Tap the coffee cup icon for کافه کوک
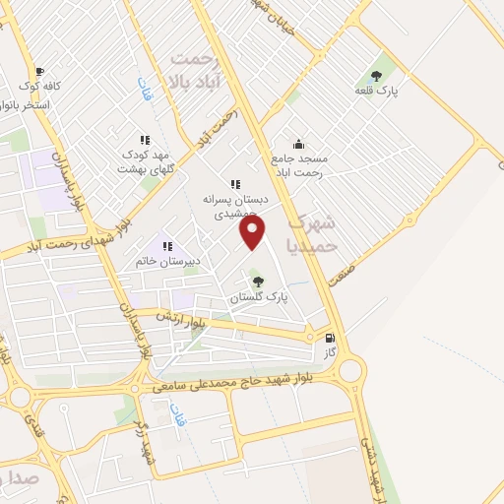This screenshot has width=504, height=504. [39, 72]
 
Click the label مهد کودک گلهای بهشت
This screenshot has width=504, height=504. [146, 161]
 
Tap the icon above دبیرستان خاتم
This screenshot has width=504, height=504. [167, 246]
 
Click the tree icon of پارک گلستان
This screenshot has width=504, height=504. [258, 283]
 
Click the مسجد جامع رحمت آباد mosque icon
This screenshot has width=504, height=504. [298, 145]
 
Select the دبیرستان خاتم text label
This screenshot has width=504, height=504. [167, 263]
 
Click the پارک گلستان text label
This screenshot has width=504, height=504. [258, 298]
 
